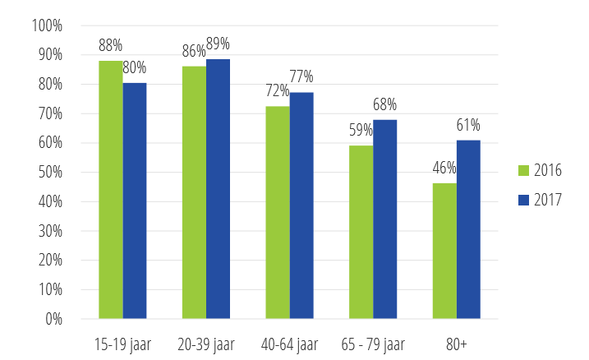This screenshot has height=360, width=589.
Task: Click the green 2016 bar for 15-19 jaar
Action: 110,189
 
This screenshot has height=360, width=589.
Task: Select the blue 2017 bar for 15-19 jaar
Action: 134,201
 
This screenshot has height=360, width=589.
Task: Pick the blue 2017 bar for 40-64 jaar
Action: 301,205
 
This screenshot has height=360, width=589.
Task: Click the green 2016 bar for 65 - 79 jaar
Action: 361,232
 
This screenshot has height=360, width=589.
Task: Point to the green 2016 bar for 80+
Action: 444,251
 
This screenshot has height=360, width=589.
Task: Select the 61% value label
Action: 469,126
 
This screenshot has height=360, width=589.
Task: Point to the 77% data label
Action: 301,77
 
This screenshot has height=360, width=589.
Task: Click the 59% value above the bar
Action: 361,131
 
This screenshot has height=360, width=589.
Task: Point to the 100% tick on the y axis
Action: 47,25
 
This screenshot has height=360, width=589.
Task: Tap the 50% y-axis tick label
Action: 49,173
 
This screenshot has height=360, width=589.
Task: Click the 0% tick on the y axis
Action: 53,319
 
